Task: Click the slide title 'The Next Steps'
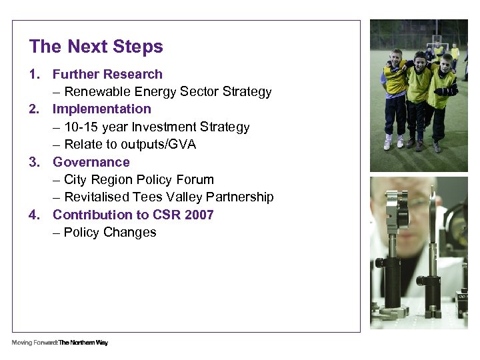pyautogui.click(x=96, y=47)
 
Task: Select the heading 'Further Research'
pyautogui.click(x=107, y=74)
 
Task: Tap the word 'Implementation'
pyautogui.click(x=102, y=109)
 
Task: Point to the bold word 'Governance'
pyautogui.click(x=91, y=162)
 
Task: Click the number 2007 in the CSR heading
pyautogui.click(x=198, y=215)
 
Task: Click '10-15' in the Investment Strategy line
pyautogui.click(x=81, y=127)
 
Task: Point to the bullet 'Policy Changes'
pyautogui.click(x=110, y=233)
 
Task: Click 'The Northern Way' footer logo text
pyautogui.click(x=83, y=343)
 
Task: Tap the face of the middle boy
pyautogui.click(x=420, y=59)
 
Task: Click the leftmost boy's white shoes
pyautogui.click(x=393, y=143)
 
